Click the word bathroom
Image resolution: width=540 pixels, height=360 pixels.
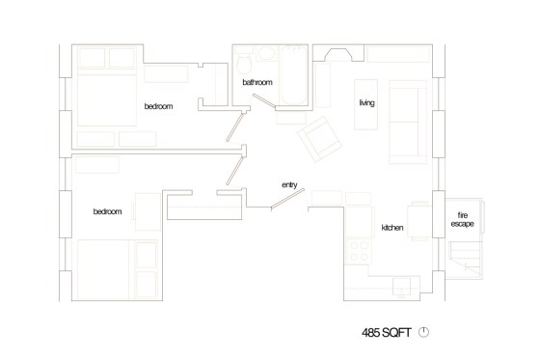pyautogui.click(x=257, y=84)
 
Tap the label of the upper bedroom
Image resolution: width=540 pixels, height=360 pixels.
pyautogui.click(x=158, y=106)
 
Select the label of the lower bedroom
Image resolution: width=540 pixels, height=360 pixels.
pyautogui.click(x=107, y=211)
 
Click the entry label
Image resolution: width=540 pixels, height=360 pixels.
pyautogui.click(x=288, y=184)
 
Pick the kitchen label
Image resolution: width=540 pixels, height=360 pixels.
pyautogui.click(x=391, y=227)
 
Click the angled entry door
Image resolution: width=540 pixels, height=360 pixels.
pyautogui.click(x=288, y=200)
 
